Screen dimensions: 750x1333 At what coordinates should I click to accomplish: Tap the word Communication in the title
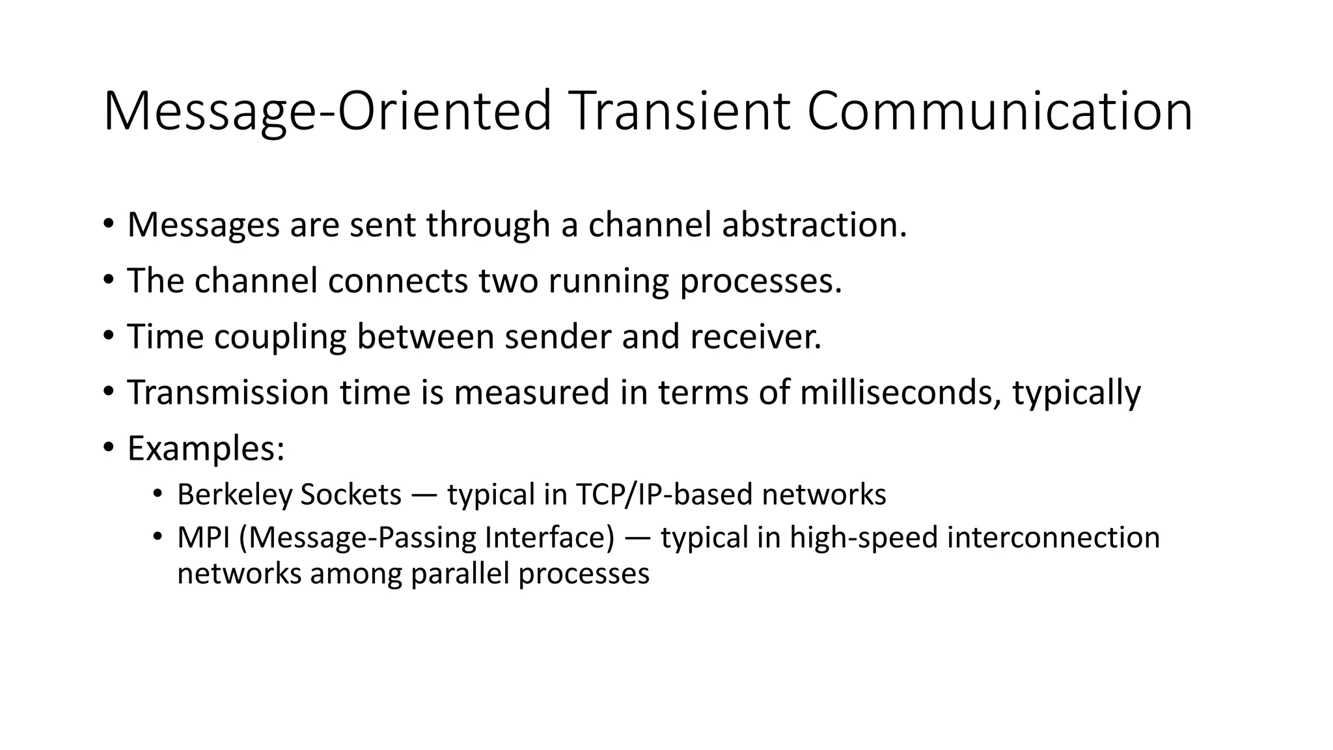point(1000,111)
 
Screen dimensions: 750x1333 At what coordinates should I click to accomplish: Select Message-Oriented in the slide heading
point(327,111)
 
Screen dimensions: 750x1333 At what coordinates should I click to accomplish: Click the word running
point(609,281)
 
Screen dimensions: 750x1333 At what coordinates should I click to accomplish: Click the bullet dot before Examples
point(108,447)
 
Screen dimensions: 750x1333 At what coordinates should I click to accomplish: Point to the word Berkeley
point(234,495)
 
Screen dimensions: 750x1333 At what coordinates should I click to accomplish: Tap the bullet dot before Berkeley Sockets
point(157,493)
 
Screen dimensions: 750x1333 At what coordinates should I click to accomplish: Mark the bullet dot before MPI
point(157,536)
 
